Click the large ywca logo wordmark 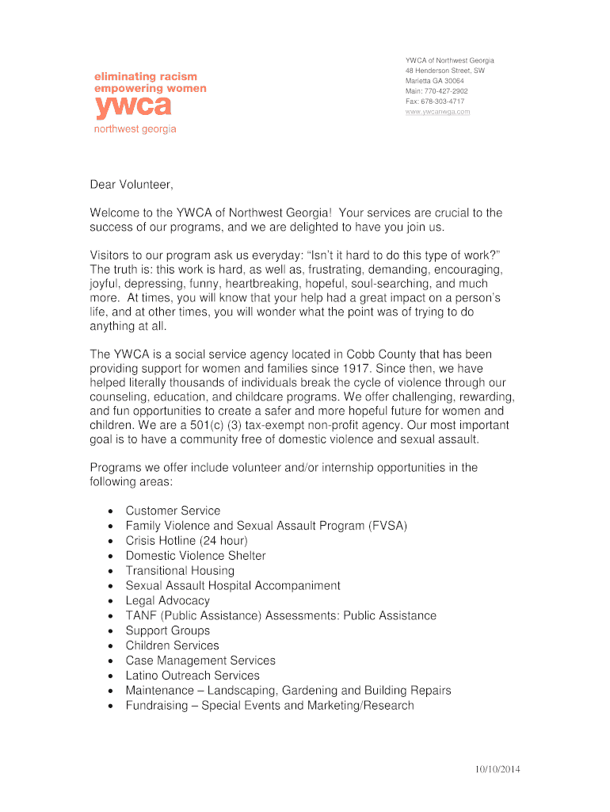pos(132,107)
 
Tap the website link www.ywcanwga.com pos(437,112)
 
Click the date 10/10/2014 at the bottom pos(498,769)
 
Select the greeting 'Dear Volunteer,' pos(131,185)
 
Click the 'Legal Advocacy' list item pos(167,601)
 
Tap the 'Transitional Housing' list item pos(180,571)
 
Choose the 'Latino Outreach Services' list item pos(193,676)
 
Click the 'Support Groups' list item pos(167,630)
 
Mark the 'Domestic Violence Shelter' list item pos(196,556)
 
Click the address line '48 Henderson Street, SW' pos(444,71)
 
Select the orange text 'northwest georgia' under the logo pos(135,129)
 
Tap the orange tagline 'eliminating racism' pos(146,76)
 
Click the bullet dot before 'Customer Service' pos(109,511)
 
